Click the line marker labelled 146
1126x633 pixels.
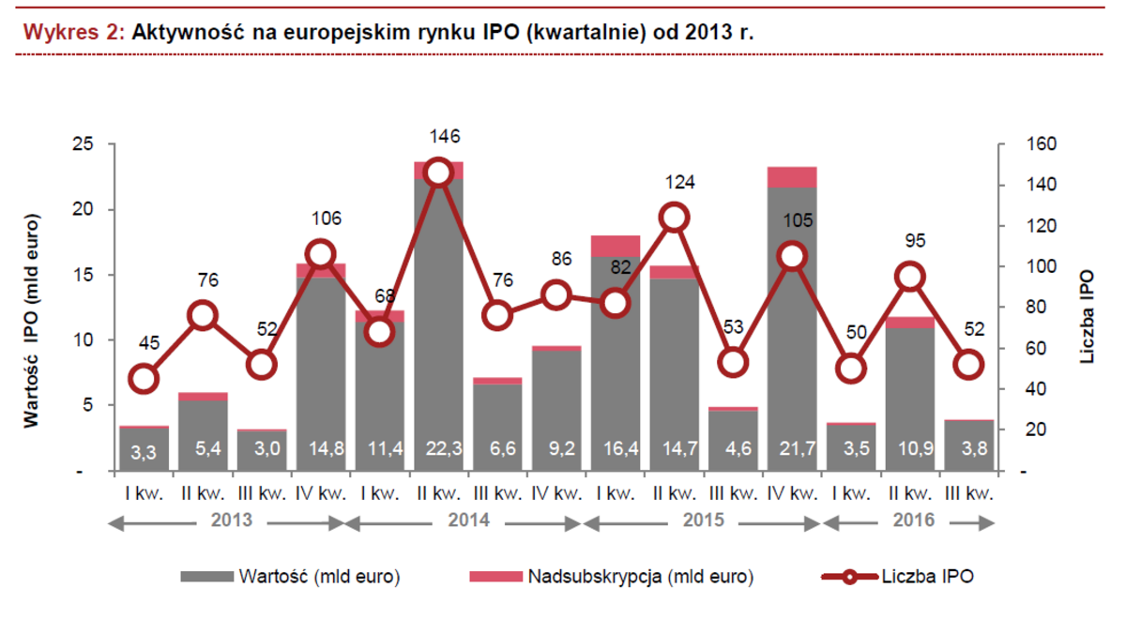pyautogui.click(x=438, y=173)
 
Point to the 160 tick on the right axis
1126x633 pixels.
pyautogui.click(x=1019, y=143)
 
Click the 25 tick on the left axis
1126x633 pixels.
pyautogui.click(x=85, y=143)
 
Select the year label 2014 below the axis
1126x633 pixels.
pyautogui.click(x=464, y=519)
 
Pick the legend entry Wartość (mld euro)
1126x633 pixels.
pyautogui.click(x=319, y=577)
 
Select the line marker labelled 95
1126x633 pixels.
pyautogui.click(x=909, y=277)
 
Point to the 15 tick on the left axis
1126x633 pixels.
pyautogui.click(x=85, y=275)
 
